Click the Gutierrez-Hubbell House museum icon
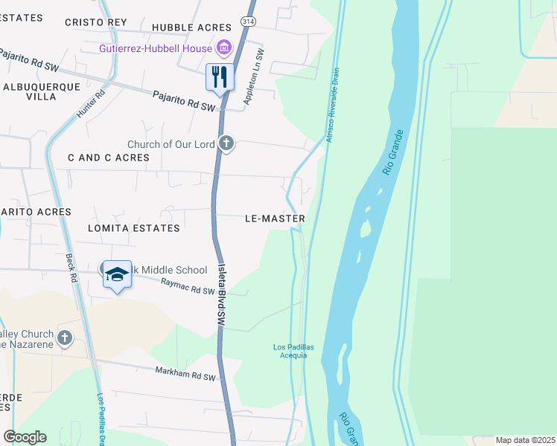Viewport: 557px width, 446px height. [x=223, y=49]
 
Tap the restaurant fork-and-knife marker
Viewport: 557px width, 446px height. [x=220, y=77]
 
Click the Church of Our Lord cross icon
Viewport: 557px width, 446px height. [x=226, y=143]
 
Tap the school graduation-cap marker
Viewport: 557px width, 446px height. [x=116, y=274]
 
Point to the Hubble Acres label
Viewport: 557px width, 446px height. [x=192, y=28]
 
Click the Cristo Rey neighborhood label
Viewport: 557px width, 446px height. [x=95, y=22]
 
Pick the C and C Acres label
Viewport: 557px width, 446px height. [x=109, y=158]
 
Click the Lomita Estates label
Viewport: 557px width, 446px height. [x=134, y=228]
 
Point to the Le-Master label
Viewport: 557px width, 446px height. [x=275, y=219]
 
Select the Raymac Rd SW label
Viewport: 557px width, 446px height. [x=188, y=285]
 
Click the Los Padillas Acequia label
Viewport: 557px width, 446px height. [x=290, y=351]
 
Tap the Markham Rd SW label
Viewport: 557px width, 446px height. [x=185, y=373]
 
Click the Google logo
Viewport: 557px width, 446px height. [x=25, y=436]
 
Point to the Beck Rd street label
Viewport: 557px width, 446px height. [x=71, y=268]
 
